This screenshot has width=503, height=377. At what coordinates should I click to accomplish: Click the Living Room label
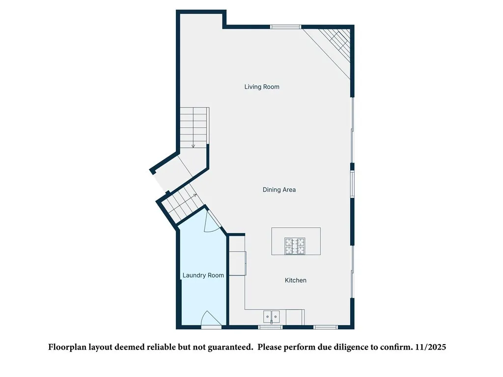pyautogui.click(x=262, y=87)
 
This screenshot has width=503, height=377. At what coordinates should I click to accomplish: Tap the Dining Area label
pyautogui.click(x=279, y=189)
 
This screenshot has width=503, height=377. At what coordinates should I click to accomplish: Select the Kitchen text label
pyautogui.click(x=296, y=280)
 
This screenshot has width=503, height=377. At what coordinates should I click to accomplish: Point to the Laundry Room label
pyautogui.click(x=203, y=275)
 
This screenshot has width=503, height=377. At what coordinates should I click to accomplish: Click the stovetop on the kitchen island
pyautogui.click(x=295, y=246)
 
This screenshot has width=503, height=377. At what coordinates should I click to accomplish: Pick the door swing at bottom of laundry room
pyautogui.click(x=212, y=319)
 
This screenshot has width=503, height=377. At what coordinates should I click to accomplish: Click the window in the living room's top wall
pyautogui.click(x=286, y=27)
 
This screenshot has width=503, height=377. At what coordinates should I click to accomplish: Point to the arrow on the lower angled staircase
pyautogui.click(x=195, y=195)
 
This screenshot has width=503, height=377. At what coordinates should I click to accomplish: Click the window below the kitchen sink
pyautogui.click(x=271, y=326)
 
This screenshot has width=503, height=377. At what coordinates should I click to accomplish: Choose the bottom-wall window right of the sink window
pyautogui.click(x=325, y=326)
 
